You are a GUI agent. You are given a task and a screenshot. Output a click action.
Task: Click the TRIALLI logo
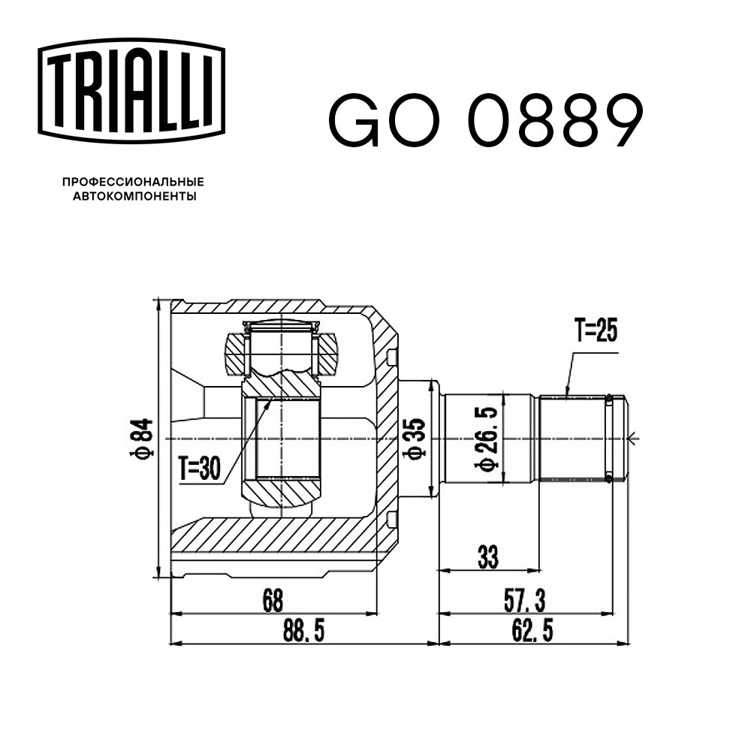click(131, 91)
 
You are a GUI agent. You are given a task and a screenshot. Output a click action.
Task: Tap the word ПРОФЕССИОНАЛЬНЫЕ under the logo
click(134, 182)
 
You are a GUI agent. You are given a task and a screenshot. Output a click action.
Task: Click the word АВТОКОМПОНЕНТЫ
click(134, 196)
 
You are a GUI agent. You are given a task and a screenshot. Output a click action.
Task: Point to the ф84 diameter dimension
click(141, 439)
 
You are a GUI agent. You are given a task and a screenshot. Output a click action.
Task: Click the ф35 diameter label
click(414, 439)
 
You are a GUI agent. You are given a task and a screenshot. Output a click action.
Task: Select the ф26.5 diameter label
click(486, 439)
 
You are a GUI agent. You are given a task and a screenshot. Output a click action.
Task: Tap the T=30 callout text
click(200, 468)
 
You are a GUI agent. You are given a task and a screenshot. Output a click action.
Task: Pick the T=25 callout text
click(596, 330)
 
